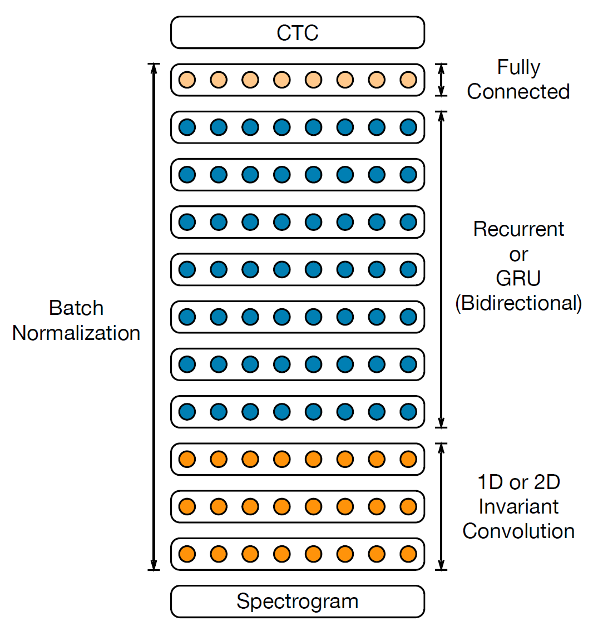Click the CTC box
click(298, 33)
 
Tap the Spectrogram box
click(298, 601)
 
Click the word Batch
click(76, 308)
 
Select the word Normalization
click(76, 333)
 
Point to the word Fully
click(518, 67)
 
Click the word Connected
click(518, 92)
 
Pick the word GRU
click(518, 278)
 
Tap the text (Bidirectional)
click(518, 303)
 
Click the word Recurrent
click(518, 229)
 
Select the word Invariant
click(518, 506)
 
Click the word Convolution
click(518, 531)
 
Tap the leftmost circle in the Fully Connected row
click(187, 80)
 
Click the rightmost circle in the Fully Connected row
click(408, 80)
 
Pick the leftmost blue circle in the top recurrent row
click(187, 127)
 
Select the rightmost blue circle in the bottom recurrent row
click(408, 412)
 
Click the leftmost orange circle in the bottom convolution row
click(187, 554)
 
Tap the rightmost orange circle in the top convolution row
click(408, 460)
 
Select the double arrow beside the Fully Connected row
click(442, 80)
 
